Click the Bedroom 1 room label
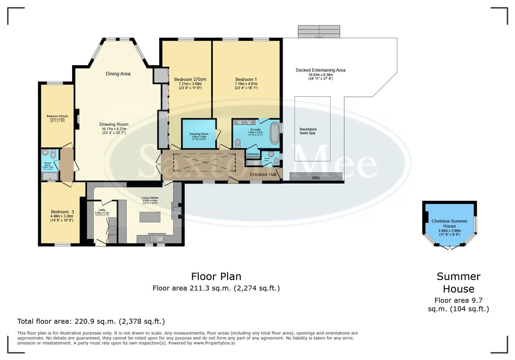[246, 79]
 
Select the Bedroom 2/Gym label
[190, 79]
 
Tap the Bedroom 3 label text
[62, 212]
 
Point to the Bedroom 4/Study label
[57, 116]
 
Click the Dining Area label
[118, 74]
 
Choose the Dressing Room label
[199, 134]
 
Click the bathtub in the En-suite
[274, 133]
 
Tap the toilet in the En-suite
[238, 143]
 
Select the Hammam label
[253, 154]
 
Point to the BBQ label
[316, 178]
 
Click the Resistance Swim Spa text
[308, 131]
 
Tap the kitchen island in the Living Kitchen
[150, 217]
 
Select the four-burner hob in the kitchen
[178, 211]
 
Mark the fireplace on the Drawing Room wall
[77, 119]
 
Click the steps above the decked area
[319, 32]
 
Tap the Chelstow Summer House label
[449, 223]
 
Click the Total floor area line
[91, 321]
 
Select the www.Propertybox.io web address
[214, 343]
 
